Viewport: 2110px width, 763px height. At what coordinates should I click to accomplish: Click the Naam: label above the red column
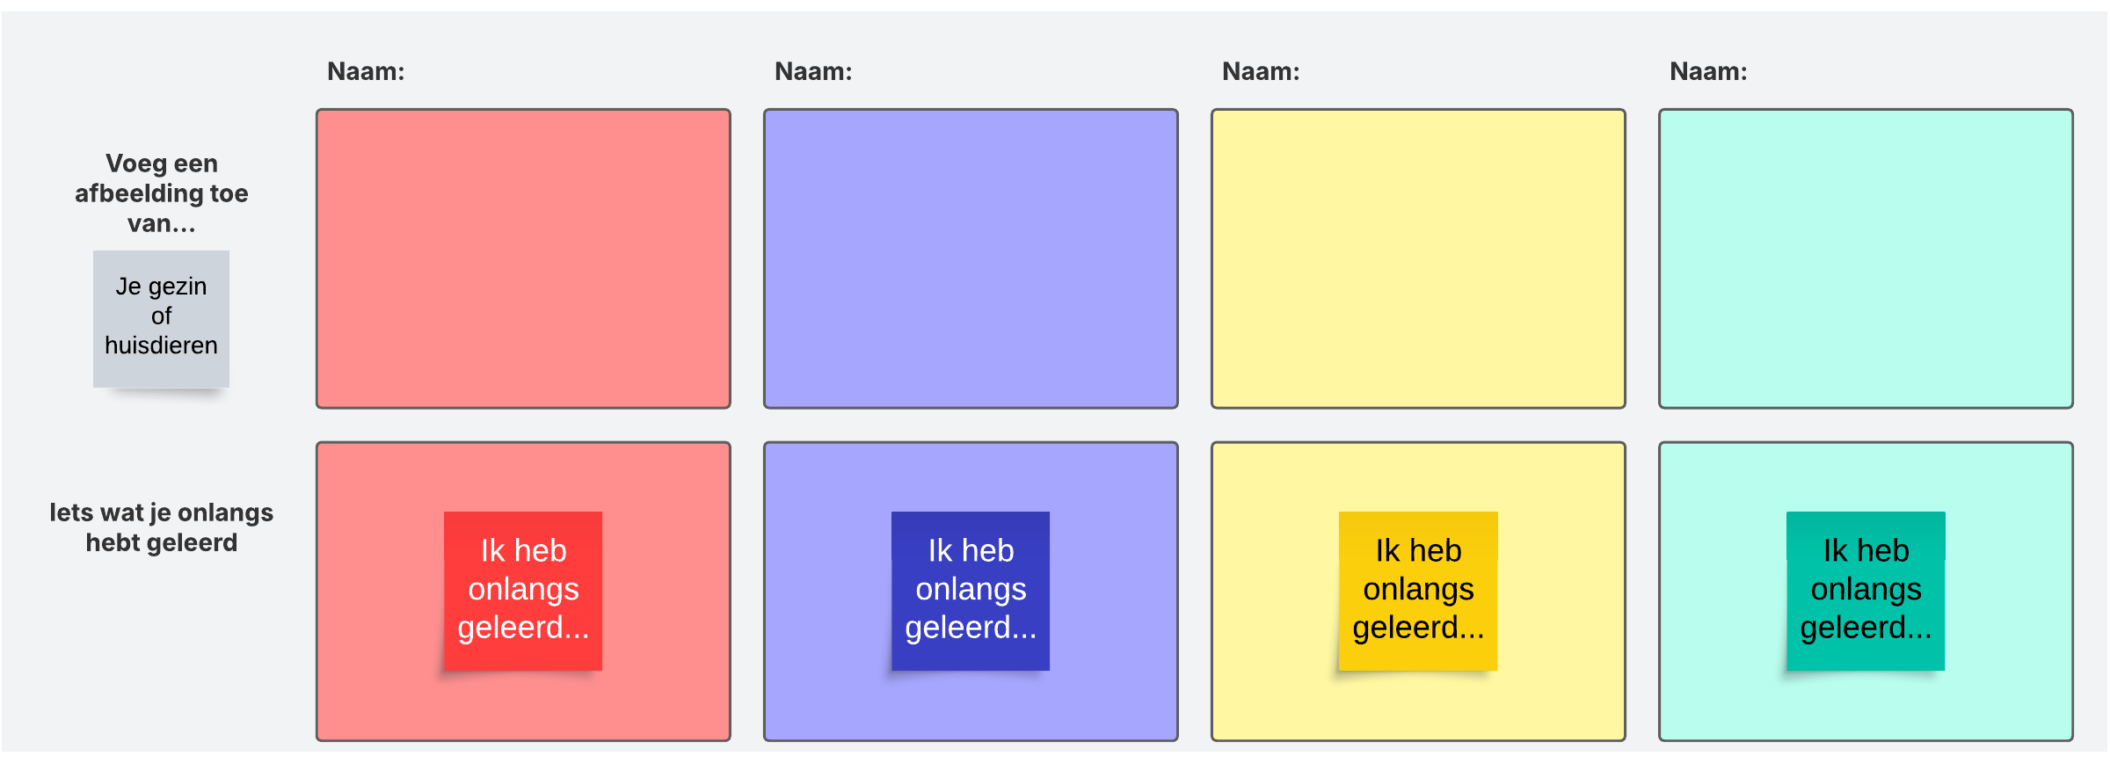coord(366,71)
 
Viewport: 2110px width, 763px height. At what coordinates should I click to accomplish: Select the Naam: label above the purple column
coord(813,71)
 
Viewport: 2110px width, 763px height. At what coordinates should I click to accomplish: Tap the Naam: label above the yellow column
coord(1261,71)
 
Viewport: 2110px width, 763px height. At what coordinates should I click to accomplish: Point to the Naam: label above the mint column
coord(1708,71)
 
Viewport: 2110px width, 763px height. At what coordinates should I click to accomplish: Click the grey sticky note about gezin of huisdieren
coord(161,318)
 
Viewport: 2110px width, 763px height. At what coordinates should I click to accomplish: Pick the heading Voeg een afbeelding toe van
coord(162,193)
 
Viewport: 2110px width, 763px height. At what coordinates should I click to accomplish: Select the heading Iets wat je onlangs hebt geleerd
coord(162,527)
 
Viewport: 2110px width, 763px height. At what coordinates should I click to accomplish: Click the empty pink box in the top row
coord(523,258)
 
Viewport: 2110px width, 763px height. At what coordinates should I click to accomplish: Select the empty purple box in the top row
coord(971,258)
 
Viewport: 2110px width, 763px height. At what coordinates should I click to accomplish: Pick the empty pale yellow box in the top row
coord(1418,258)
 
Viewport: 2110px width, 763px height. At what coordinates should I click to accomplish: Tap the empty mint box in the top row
coord(1866,258)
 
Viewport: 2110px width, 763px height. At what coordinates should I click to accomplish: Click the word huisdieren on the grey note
coord(161,345)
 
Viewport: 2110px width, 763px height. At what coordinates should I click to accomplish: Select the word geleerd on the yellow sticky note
coord(1406,628)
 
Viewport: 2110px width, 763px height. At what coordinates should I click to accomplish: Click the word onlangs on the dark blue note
coord(971,589)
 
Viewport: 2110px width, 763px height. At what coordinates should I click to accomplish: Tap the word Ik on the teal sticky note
coord(1835,551)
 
